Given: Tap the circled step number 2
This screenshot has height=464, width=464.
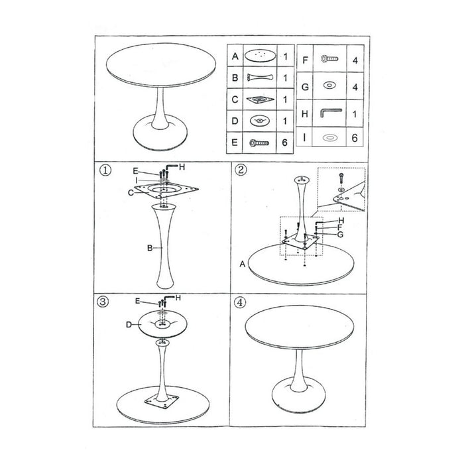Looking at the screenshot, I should pos(241,170).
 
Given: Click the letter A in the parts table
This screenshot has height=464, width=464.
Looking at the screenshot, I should pos(235,56).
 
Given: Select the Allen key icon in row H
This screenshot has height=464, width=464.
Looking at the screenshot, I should pos(329,113).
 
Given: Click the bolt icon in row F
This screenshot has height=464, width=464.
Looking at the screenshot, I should pos(328,59).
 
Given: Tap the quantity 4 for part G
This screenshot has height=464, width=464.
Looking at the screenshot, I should pos(355,87).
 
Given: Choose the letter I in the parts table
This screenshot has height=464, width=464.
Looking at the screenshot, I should pos(304,138).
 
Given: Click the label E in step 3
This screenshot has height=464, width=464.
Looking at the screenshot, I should pos(137,302).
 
